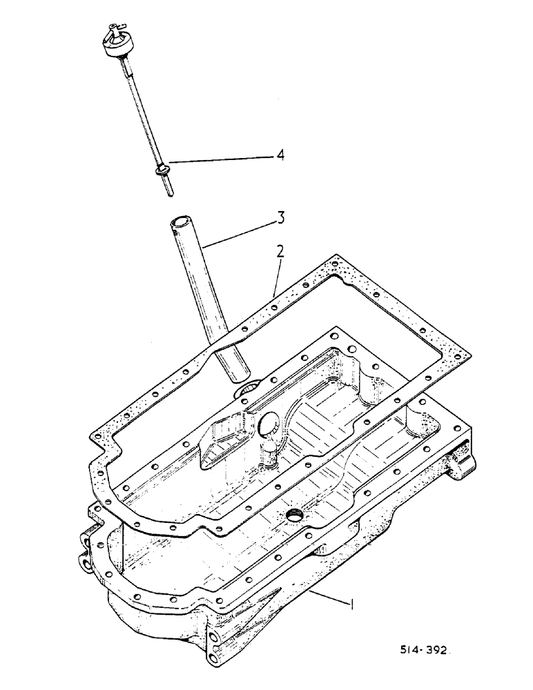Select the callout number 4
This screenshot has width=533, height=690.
tap(280, 156)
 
